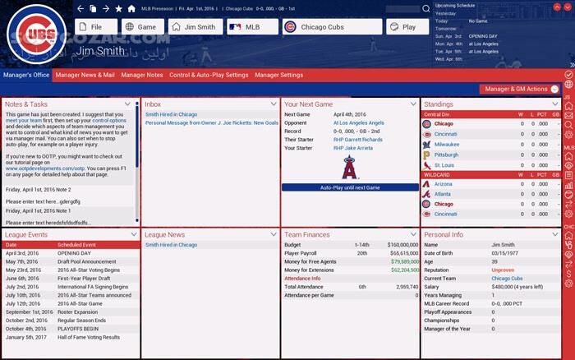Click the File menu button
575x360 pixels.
[x=96, y=27]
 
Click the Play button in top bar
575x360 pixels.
[x=405, y=27]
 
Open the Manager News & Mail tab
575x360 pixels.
[x=85, y=75]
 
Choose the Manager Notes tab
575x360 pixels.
[x=142, y=75]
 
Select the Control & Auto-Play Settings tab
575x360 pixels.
[x=209, y=75]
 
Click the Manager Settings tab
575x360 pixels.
[x=278, y=75]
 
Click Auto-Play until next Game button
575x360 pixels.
[x=350, y=187]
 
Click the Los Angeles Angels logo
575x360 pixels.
[x=350, y=167]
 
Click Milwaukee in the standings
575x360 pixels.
[x=448, y=143]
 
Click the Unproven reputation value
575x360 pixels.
[x=503, y=270]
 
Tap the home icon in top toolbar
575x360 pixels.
[x=131, y=8]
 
